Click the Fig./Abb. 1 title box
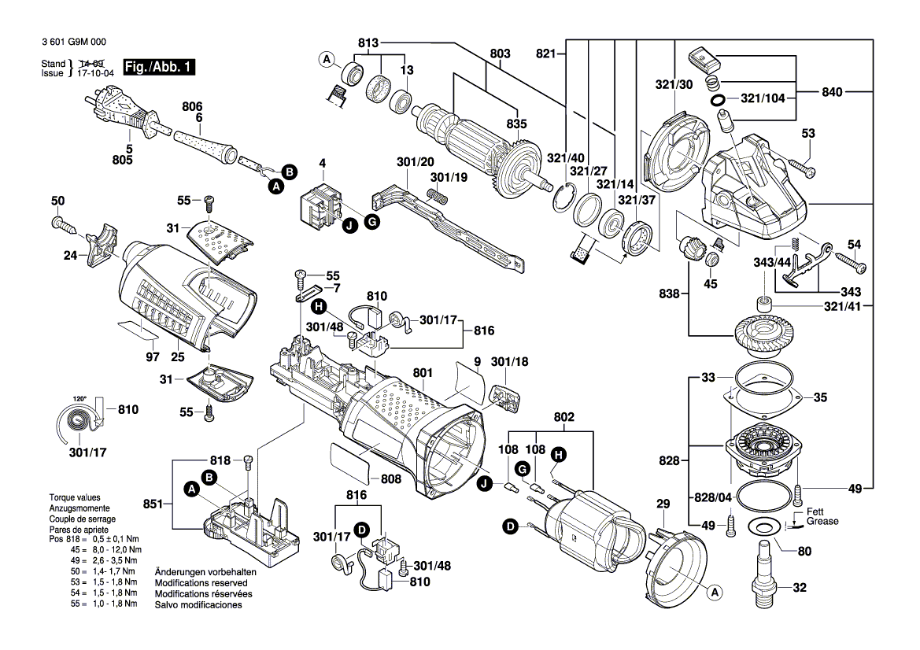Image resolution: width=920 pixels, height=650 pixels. click(159, 67)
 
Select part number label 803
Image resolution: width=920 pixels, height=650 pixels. click(500, 54)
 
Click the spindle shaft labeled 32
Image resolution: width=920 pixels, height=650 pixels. click(765, 573)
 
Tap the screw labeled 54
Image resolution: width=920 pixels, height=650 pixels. click(852, 261)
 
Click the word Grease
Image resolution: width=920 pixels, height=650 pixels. click(822, 522)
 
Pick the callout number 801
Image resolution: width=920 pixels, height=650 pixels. click(423, 372)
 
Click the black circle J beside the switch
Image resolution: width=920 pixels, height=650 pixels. click(350, 227)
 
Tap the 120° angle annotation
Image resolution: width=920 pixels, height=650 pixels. click(79, 399)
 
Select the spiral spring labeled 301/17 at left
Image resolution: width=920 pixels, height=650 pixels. click(79, 423)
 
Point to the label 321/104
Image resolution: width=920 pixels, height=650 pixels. click(762, 98)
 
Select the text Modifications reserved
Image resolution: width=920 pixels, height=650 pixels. click(201, 583)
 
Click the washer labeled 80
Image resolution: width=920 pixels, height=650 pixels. click(764, 526)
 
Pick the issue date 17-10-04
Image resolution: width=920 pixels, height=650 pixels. click(96, 73)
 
